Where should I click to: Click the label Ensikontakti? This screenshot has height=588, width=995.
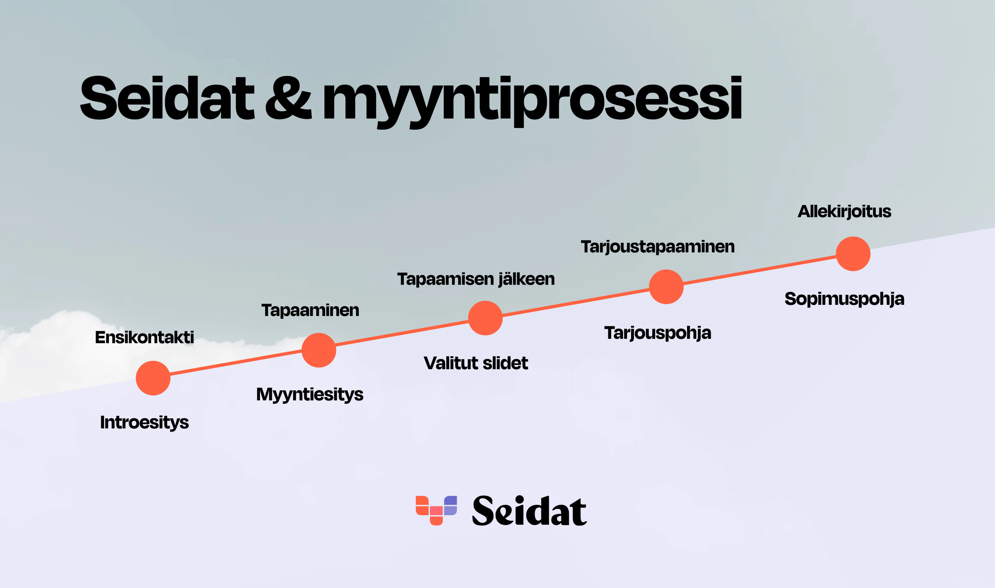tap(144, 337)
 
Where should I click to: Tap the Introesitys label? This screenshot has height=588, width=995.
tap(144, 423)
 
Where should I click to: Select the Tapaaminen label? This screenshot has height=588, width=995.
tap(310, 310)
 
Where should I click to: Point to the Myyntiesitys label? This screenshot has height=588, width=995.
tap(310, 395)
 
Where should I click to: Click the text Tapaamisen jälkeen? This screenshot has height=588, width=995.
tap(476, 279)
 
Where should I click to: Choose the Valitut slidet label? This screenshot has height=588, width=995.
tap(476, 363)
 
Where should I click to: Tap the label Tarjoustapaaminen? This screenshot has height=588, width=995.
tap(658, 247)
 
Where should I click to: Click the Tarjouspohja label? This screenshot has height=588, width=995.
tap(658, 333)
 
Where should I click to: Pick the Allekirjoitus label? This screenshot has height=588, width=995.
tap(845, 212)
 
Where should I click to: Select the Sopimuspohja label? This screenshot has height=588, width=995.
tap(845, 299)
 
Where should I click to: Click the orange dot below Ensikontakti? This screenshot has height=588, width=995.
tap(153, 378)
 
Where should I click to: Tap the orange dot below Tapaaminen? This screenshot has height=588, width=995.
tap(319, 350)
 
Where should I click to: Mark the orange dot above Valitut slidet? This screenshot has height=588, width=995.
tap(486, 318)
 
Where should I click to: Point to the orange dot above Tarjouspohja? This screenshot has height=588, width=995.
tap(666, 287)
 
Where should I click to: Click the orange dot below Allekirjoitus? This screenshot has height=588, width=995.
tap(853, 254)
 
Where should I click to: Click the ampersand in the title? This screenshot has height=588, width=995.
tap(288, 98)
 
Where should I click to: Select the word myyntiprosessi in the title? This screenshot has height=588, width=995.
tap(532, 102)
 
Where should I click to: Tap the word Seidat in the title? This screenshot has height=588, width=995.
tap(167, 98)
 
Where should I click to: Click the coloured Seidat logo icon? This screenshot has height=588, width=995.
tap(436, 510)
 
